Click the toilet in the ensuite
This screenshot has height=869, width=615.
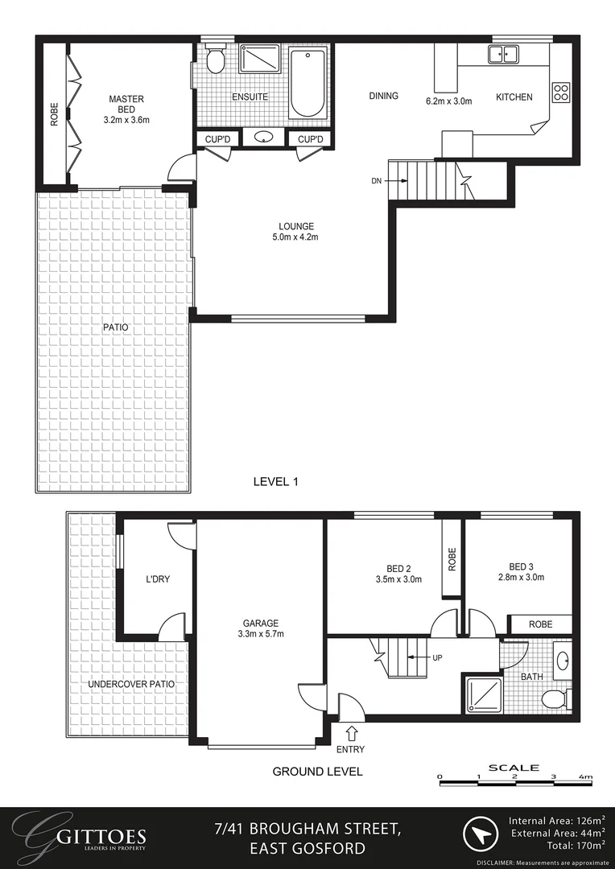point(215,60)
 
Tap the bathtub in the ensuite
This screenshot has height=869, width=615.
point(307,84)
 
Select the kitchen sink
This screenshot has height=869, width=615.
point(503,55)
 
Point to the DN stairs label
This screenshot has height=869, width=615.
point(377,182)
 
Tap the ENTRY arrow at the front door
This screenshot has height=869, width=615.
point(352,733)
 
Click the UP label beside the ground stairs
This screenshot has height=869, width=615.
point(438,657)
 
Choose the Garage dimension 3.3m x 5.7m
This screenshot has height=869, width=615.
point(261,634)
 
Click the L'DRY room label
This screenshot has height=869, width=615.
point(158,579)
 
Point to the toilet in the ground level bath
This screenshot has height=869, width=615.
point(555,698)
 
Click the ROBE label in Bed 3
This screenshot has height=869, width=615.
point(539,624)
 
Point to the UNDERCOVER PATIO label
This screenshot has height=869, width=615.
point(131,684)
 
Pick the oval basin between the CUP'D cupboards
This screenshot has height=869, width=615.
point(263,138)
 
